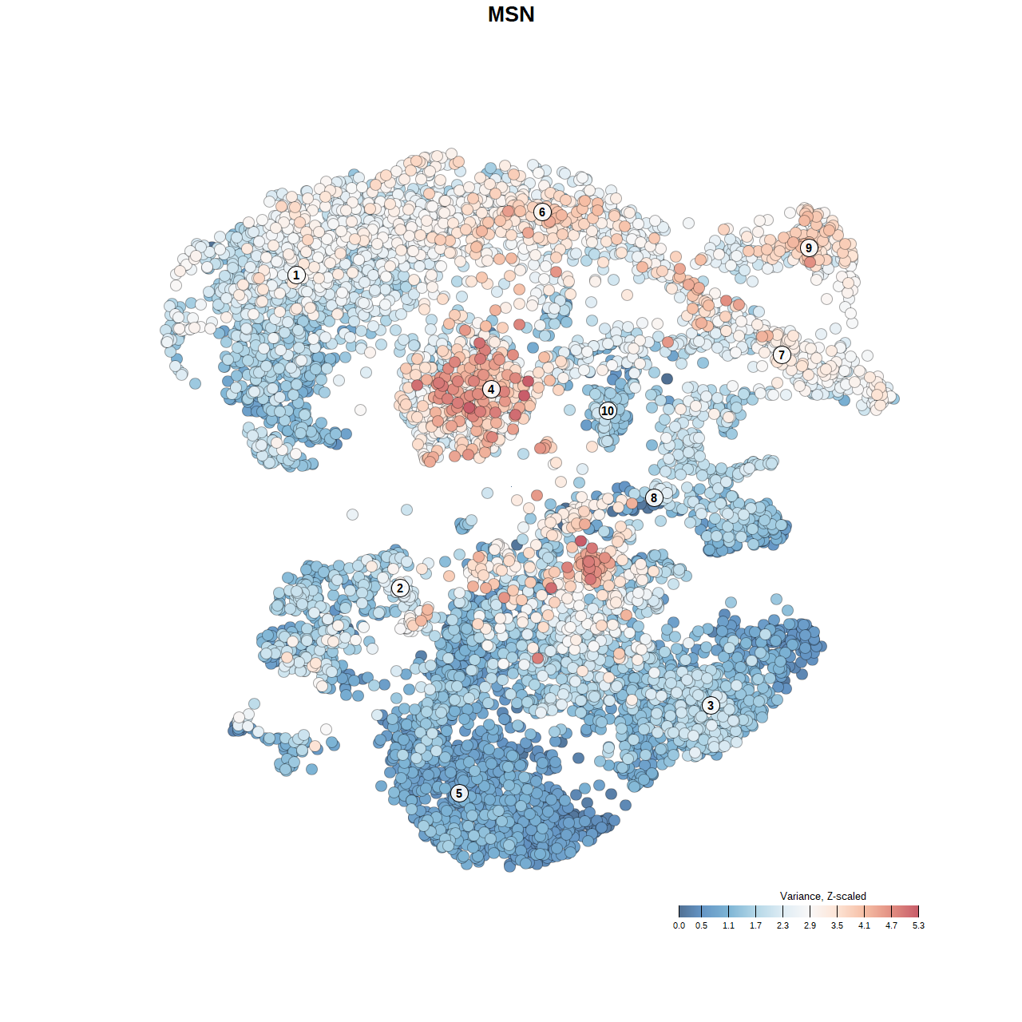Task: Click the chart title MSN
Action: click(x=511, y=14)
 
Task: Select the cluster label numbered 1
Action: click(x=296, y=275)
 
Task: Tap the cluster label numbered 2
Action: click(x=400, y=588)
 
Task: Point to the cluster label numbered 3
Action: click(x=711, y=705)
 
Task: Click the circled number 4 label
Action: click(x=491, y=390)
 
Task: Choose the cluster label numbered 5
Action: click(x=459, y=793)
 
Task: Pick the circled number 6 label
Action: click(x=542, y=212)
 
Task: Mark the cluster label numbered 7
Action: click(x=782, y=355)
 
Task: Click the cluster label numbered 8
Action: click(x=654, y=497)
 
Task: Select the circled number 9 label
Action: click(x=809, y=248)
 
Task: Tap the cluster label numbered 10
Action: click(x=608, y=410)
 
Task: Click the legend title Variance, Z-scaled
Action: click(x=822, y=896)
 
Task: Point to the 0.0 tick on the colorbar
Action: click(x=679, y=925)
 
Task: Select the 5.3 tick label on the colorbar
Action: click(x=918, y=925)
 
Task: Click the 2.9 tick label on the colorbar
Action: click(x=810, y=925)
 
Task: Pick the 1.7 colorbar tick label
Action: click(x=755, y=925)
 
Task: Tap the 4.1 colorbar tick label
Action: click(x=864, y=925)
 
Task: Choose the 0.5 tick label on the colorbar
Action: click(x=701, y=925)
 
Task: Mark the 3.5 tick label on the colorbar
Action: click(x=837, y=925)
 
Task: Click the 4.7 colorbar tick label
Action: click(x=891, y=925)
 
